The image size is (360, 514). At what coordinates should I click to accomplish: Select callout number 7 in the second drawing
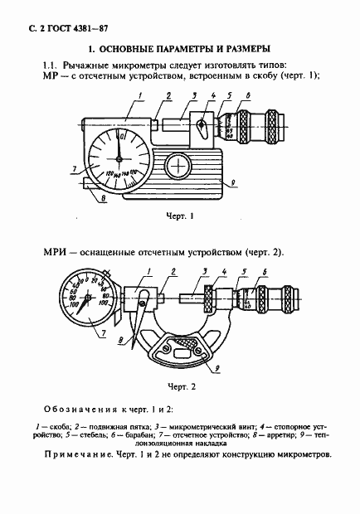click(x=103, y=332)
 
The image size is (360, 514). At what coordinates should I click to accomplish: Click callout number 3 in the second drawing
click(x=202, y=272)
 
